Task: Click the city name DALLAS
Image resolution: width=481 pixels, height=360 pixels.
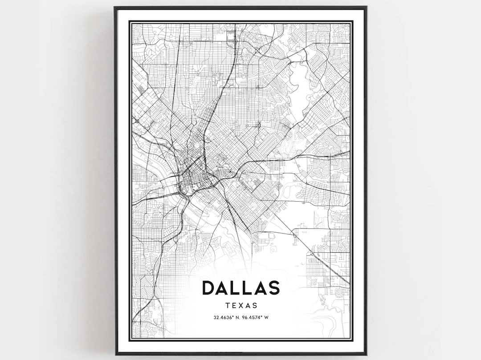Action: (241, 288)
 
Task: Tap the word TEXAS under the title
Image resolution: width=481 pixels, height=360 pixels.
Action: (241, 306)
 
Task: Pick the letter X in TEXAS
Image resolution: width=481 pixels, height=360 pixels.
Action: (241, 306)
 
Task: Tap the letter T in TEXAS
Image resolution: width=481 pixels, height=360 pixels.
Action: (228, 306)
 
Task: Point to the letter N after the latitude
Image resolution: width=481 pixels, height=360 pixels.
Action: (238, 318)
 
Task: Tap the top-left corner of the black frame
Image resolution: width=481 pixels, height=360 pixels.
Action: (115, 8)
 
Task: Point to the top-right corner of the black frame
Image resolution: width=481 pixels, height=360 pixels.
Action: (366, 8)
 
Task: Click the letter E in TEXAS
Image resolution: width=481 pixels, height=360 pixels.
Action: (234, 306)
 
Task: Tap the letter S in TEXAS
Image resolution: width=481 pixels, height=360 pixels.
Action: (255, 306)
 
